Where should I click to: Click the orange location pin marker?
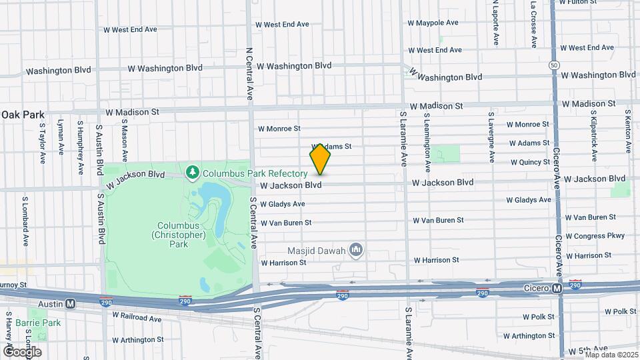(321, 159)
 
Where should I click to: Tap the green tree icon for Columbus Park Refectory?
(193, 173)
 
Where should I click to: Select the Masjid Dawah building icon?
(356, 250)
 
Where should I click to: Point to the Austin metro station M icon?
(70, 302)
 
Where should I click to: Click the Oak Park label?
(23, 115)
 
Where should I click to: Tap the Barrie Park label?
(44, 323)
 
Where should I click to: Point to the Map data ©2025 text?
(611, 354)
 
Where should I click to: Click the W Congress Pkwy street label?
(595, 236)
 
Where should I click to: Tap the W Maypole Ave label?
(433, 23)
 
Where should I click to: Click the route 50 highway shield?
(555, 65)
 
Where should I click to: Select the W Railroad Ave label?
(137, 319)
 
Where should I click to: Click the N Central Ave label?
(250, 71)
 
